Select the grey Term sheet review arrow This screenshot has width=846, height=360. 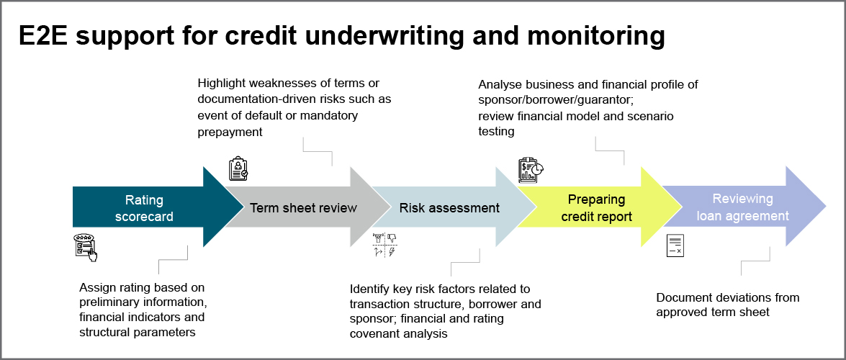click(303, 208)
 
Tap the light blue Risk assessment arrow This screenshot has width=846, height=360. click(449, 208)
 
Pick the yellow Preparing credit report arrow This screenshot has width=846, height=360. click(596, 208)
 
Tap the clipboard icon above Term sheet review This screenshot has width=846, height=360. click(238, 168)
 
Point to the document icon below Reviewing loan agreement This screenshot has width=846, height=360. click(675, 246)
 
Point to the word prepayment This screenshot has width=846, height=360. click(230, 132)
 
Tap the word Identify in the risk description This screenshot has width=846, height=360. click(370, 289)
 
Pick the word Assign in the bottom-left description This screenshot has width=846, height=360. click(96, 286)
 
